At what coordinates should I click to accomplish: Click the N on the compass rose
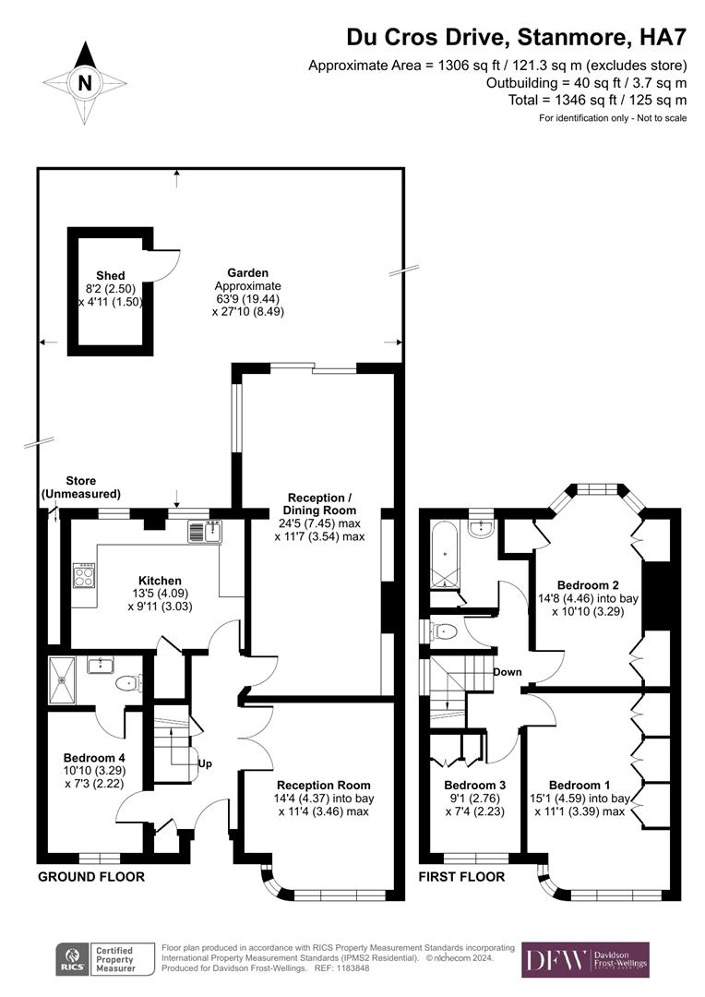point(85,83)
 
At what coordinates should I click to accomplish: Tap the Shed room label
point(111,275)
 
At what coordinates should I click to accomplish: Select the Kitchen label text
point(161,581)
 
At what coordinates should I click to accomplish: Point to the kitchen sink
point(205,532)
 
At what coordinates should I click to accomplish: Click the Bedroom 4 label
point(94,758)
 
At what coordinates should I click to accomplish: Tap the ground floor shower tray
point(63,680)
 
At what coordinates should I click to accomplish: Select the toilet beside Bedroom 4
point(130,683)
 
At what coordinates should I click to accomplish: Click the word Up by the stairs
point(205,763)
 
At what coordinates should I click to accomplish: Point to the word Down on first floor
point(508,672)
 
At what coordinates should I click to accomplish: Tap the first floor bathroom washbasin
point(482,527)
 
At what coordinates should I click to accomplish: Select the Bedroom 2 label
point(588,585)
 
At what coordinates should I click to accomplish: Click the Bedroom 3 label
point(475,786)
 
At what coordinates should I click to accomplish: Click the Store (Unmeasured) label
point(80,487)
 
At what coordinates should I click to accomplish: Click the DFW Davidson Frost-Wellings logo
point(585,959)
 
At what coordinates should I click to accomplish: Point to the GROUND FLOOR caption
point(91,877)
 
